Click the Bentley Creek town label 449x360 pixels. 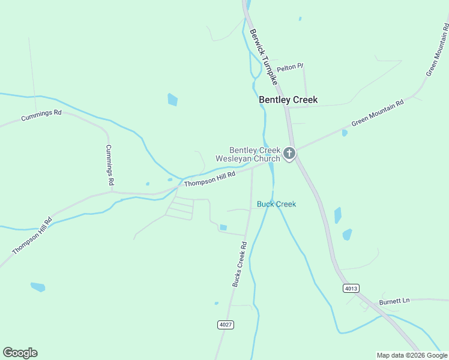point(288,100)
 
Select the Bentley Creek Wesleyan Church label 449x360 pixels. point(255,154)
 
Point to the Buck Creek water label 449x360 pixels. point(276,204)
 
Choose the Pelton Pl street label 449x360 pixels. point(291,68)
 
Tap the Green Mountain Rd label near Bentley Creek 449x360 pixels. point(378,113)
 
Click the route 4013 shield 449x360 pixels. point(351,289)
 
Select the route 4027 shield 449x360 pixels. point(225,325)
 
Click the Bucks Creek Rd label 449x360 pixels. point(240,264)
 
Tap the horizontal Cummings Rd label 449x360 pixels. point(41,115)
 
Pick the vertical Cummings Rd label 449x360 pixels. point(110,164)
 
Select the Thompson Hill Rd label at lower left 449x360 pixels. point(32,236)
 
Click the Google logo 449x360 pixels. point(20,353)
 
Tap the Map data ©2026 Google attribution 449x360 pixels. point(411,355)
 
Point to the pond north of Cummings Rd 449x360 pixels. point(173,100)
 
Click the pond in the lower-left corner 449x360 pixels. point(38,287)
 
